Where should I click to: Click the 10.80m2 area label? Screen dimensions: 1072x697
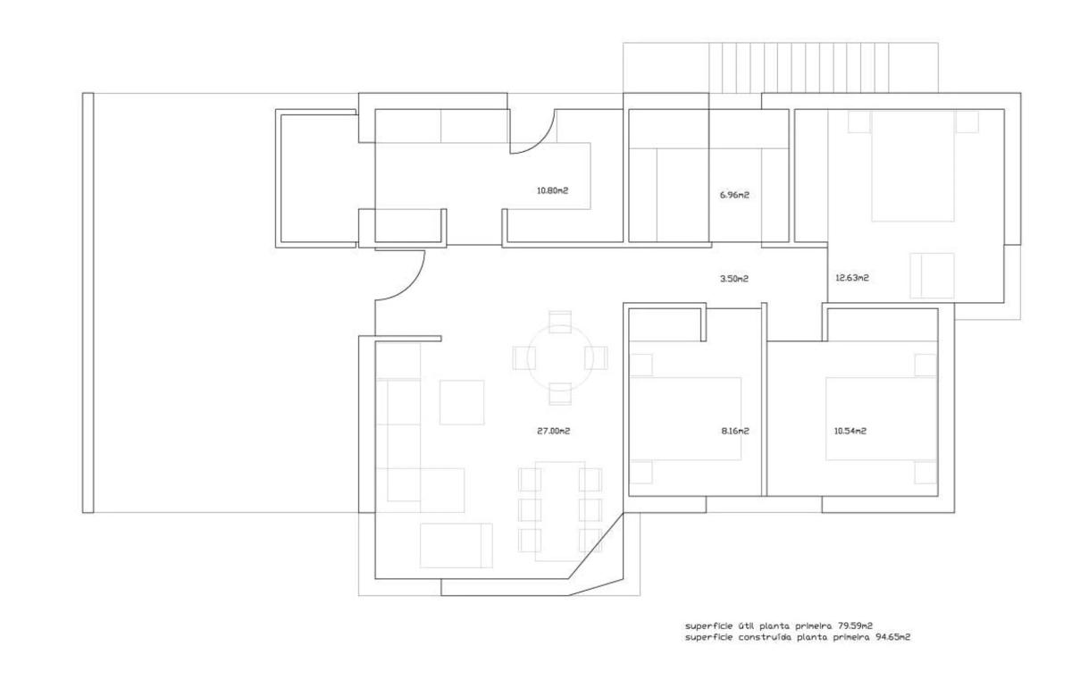click(552, 190)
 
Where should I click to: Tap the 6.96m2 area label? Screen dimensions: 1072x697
click(734, 195)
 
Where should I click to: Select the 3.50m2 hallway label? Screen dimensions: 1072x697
click(734, 278)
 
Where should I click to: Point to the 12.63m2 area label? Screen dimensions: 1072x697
click(852, 278)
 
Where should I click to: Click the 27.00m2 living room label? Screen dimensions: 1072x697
click(553, 431)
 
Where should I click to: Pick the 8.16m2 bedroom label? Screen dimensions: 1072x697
click(735, 431)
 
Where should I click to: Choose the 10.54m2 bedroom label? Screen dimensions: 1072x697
click(850, 431)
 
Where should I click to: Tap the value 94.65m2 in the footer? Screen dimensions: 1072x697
click(893, 637)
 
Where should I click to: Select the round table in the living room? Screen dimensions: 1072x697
click(560, 357)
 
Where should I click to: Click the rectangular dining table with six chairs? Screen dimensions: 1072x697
click(560, 511)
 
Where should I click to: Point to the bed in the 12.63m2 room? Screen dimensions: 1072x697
click(913, 165)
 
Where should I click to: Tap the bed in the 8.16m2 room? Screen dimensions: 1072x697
click(685, 419)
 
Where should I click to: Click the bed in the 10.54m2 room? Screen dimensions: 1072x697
click(881, 419)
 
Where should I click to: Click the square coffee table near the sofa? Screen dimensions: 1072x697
click(462, 402)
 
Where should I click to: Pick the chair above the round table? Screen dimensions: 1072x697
click(560, 322)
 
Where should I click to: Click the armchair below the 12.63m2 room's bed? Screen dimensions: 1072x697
click(932, 276)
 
